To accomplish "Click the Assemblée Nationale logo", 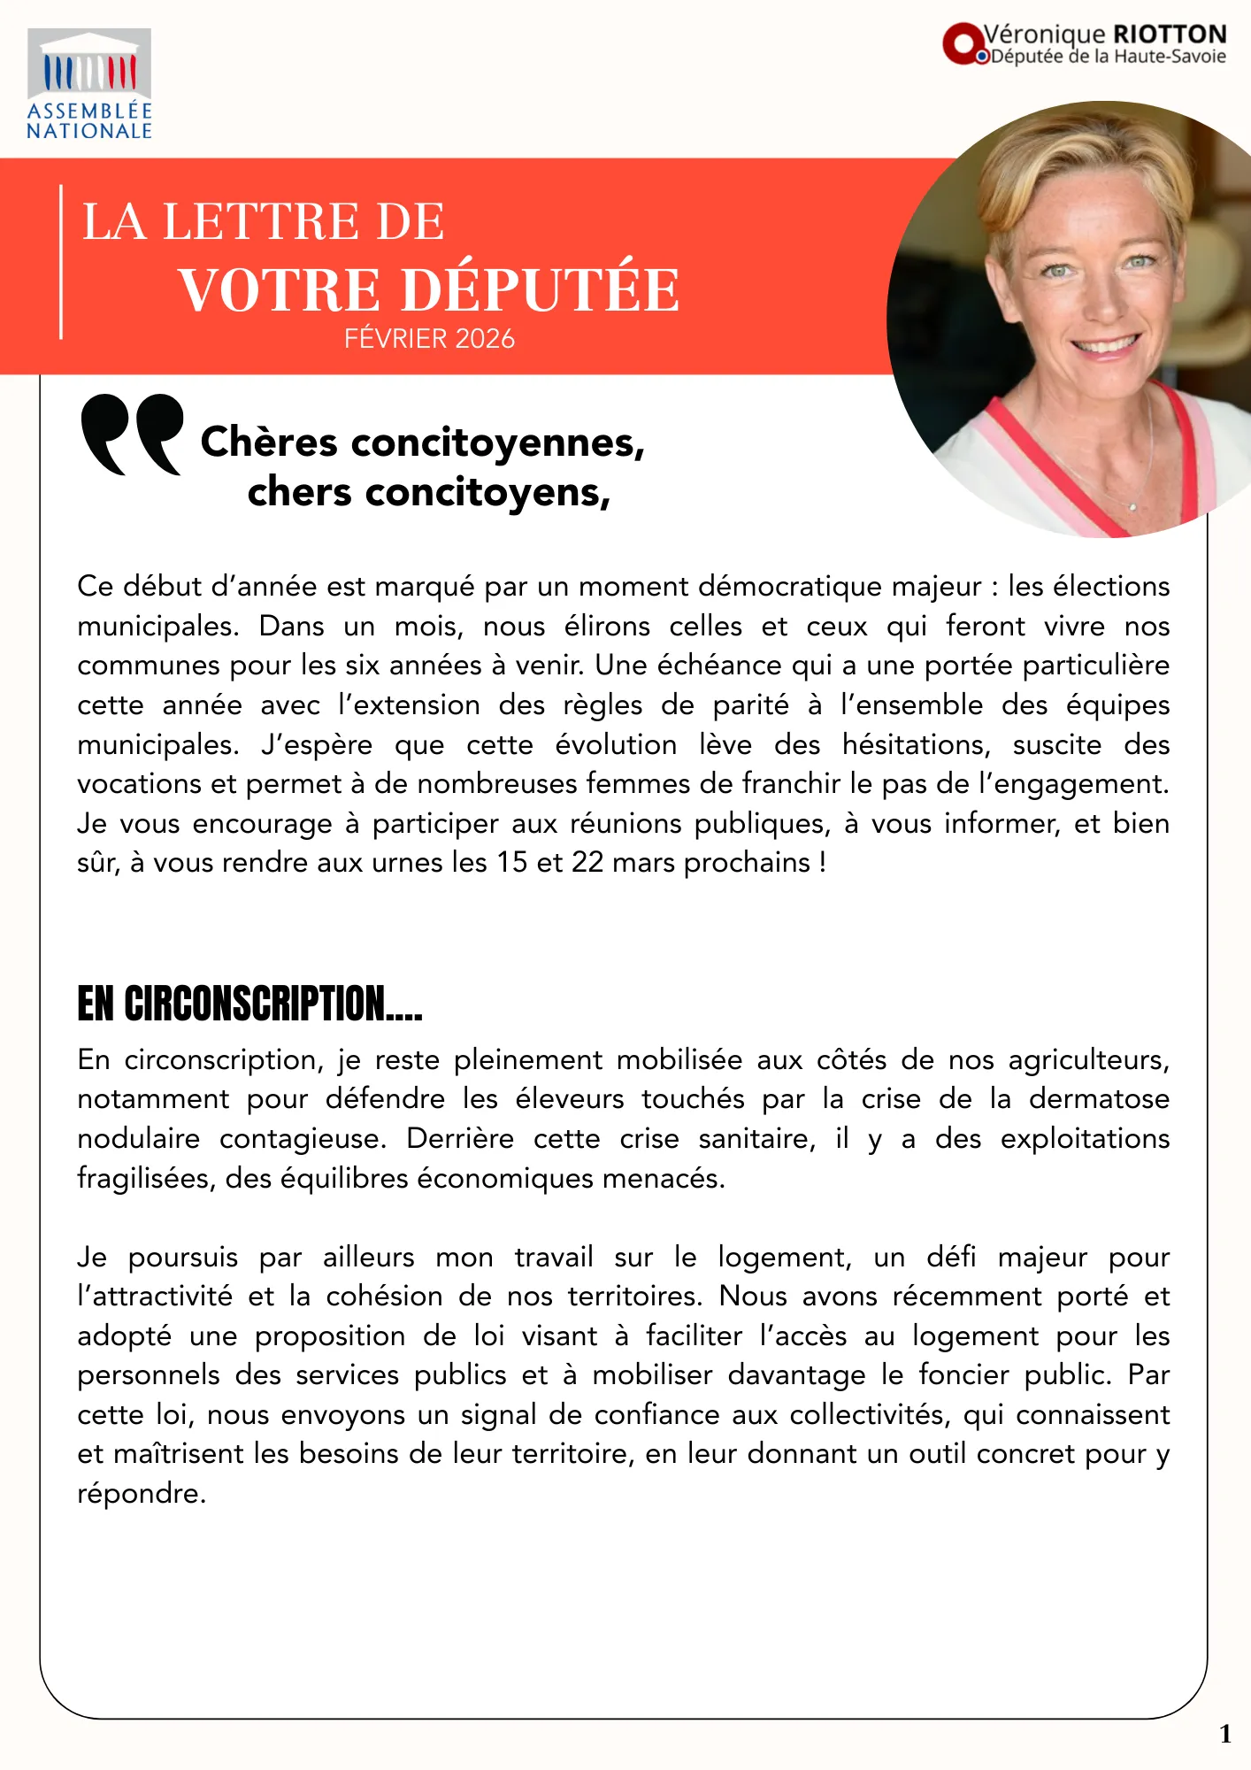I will point(88,85).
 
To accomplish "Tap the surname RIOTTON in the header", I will point(1170,35).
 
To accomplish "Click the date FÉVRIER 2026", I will point(429,339).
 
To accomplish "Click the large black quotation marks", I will point(131,434).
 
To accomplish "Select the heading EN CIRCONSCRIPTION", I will point(249,1004).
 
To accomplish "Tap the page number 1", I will point(1224,1734).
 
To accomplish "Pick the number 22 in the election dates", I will point(587,863).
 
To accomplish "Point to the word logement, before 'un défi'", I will point(784,1258).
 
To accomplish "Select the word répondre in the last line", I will point(141,1494).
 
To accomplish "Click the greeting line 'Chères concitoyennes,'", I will point(423,442).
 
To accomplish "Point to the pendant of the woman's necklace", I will point(1132,506).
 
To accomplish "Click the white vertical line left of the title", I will point(61,262).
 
